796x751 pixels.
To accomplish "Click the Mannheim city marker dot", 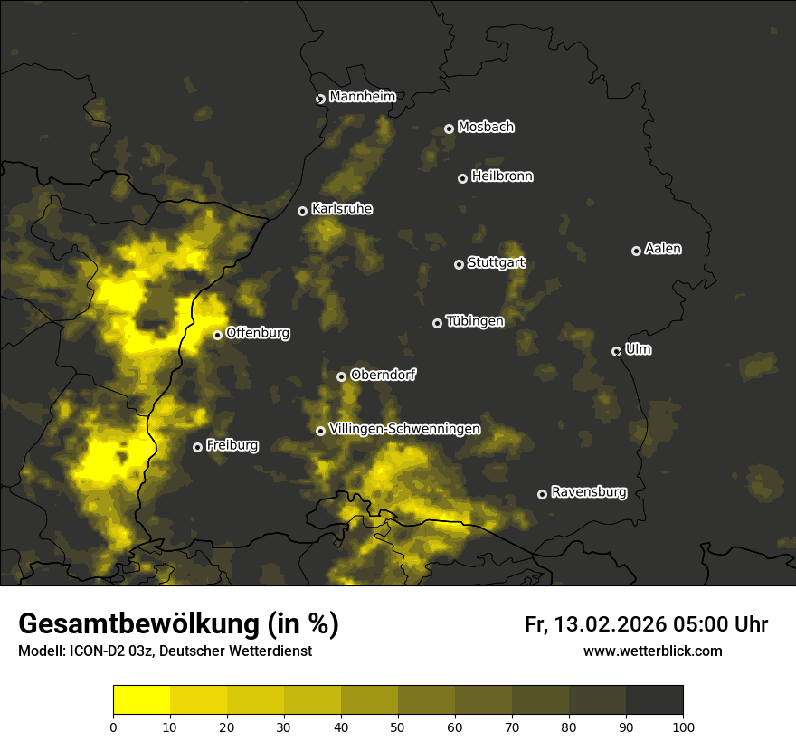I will (x=320, y=100).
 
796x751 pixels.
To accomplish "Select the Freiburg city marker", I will (x=198, y=447).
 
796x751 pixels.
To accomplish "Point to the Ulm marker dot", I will (x=617, y=351).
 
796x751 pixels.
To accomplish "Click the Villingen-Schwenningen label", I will (x=405, y=429).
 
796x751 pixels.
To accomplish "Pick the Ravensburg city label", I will (x=589, y=492).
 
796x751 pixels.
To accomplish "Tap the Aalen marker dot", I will (x=637, y=251).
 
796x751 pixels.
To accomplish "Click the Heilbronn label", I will (x=502, y=176).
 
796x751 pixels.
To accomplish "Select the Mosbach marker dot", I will (x=449, y=129).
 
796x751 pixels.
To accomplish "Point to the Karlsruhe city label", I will (x=342, y=209).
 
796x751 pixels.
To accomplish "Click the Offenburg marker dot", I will (x=218, y=335).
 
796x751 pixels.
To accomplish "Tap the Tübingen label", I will (x=475, y=321).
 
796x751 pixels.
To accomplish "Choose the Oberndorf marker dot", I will (x=342, y=376).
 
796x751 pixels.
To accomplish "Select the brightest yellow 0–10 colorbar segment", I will (x=142, y=700).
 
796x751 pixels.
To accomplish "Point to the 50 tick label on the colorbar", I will (x=398, y=726).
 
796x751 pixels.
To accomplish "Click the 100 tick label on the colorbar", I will (x=683, y=726).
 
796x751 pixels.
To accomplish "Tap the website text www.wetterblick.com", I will (x=653, y=651).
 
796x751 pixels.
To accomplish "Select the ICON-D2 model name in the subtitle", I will (x=95, y=651).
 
